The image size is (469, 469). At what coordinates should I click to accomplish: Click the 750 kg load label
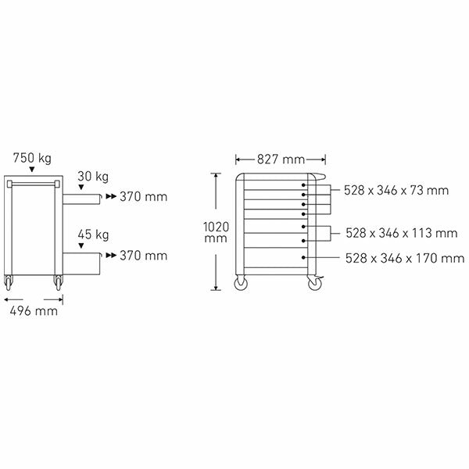[x=32, y=158]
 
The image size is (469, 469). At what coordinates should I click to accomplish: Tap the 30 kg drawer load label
[x=93, y=177]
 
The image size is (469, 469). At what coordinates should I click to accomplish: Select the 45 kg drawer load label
[x=93, y=234]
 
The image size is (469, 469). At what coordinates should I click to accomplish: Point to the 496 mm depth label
[x=34, y=311]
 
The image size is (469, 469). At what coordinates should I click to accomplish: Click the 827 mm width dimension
[x=281, y=159]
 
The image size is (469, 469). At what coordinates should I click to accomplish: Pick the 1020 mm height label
[x=216, y=232]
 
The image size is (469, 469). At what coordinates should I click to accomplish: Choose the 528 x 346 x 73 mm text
[x=396, y=190]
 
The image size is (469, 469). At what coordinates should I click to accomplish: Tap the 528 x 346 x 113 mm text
[x=402, y=233]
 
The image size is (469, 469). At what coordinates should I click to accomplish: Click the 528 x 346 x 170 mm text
[x=405, y=258]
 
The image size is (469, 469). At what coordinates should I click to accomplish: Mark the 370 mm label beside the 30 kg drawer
[x=144, y=197]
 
